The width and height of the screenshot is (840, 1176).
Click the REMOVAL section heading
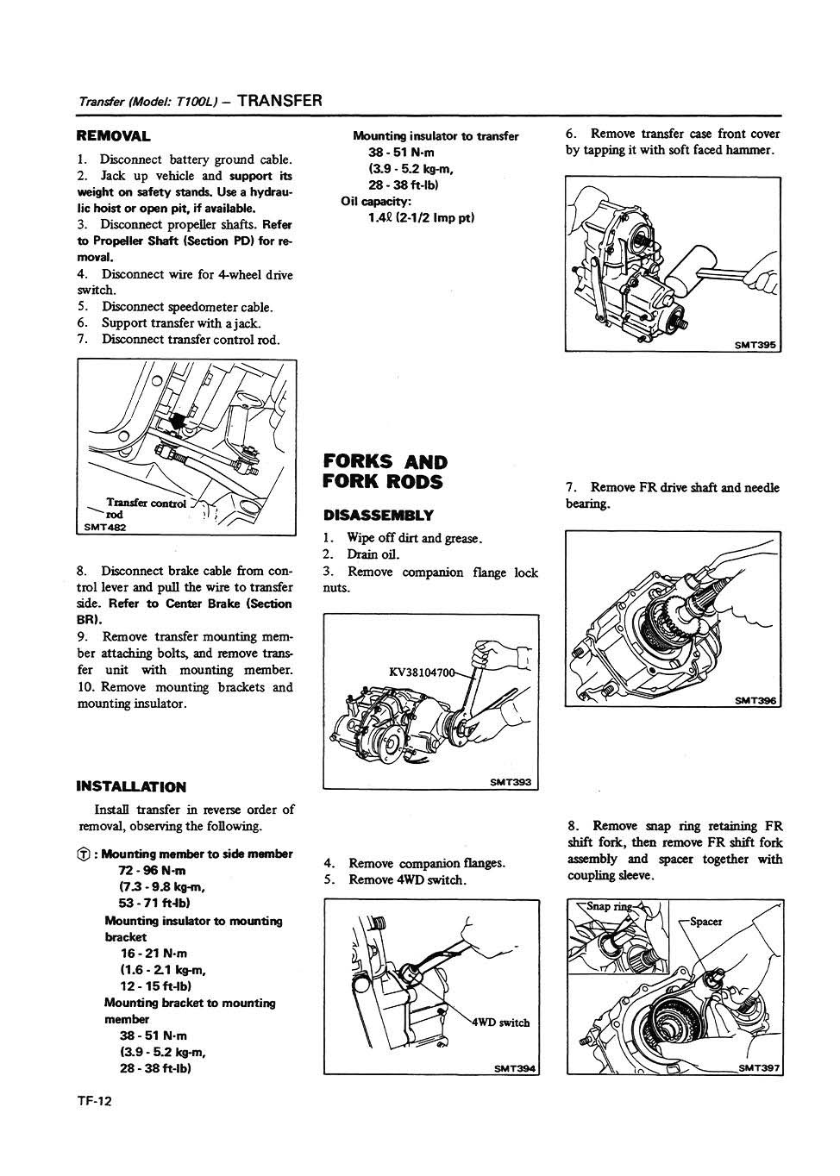point(114,135)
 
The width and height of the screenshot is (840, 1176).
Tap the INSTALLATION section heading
point(131,786)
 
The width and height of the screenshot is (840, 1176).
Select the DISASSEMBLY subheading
point(378,516)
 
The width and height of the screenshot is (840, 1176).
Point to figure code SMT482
point(104,527)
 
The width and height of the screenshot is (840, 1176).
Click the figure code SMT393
point(511,783)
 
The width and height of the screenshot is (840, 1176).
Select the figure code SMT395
point(755,345)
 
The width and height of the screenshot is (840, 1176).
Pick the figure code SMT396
point(756,701)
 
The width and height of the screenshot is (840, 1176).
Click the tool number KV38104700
point(422,672)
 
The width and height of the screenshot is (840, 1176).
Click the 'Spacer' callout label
point(706,922)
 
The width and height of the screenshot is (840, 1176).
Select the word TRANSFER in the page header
point(279,100)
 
